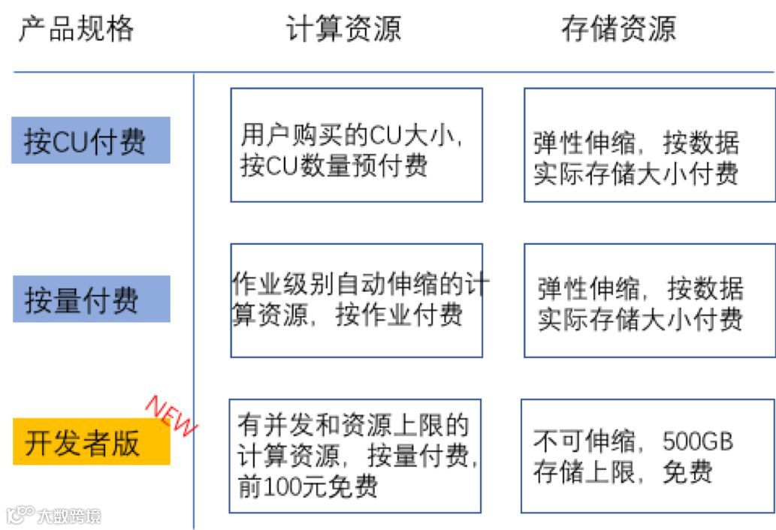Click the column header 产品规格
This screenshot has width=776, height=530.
pyautogui.click(x=76, y=29)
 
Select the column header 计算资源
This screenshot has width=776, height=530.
pyautogui.click(x=343, y=29)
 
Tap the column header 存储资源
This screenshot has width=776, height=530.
pyautogui.click(x=617, y=29)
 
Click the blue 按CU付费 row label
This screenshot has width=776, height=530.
pyautogui.click(x=91, y=140)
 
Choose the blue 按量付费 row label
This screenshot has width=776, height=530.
pyautogui.click(x=91, y=299)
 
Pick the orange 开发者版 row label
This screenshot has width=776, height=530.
pyautogui.click(x=91, y=442)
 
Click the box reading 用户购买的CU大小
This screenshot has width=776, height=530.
pyautogui.click(x=356, y=145)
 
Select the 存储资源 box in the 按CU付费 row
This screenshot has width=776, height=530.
pyautogui.click(x=649, y=145)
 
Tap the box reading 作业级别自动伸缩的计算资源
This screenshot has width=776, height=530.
pyautogui.click(x=356, y=300)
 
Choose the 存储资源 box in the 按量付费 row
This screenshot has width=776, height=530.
pyautogui.click(x=649, y=300)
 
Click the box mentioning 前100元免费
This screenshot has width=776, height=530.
pyautogui.click(x=355, y=456)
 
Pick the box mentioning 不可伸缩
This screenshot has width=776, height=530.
pyautogui.click(x=647, y=456)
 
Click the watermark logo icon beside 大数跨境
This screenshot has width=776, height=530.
pyautogui.click(x=20, y=515)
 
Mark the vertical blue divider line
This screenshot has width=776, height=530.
pyautogui.click(x=194, y=300)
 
